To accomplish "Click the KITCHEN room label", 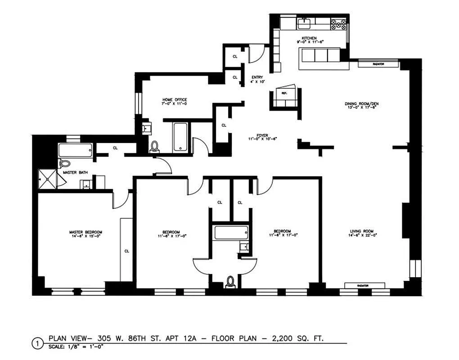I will [x=310, y=38].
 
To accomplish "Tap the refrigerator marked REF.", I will [x=284, y=94].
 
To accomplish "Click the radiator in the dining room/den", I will [x=378, y=64].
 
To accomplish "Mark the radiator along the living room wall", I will [x=364, y=285].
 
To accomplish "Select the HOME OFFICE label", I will [x=175, y=100].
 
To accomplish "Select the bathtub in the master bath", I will [x=76, y=149].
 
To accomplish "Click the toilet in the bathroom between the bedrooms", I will [x=231, y=281].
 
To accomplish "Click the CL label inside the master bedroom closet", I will [x=126, y=251].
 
